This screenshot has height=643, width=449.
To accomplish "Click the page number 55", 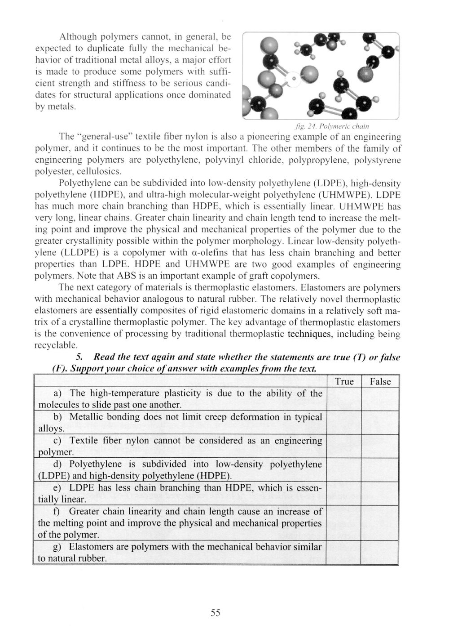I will (215, 613).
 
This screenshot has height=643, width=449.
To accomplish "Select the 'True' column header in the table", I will (344, 382).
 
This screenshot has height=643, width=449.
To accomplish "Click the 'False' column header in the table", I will (380, 382).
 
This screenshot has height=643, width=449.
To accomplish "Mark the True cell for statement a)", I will (344, 399).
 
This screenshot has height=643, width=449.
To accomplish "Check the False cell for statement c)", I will (380, 446).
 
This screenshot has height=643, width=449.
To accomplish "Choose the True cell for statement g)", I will (344, 553).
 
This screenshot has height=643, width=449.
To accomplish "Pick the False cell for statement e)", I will (380, 493).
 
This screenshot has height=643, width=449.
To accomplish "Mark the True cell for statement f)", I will (344, 523).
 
